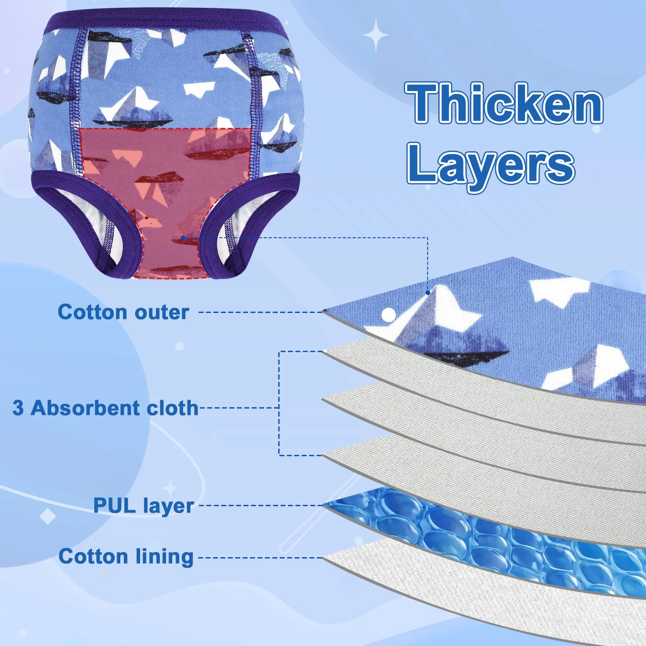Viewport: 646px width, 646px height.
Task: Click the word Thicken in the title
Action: click(x=504, y=103)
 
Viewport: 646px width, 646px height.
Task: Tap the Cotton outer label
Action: click(x=123, y=312)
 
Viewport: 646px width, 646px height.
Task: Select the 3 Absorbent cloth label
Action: click(x=105, y=408)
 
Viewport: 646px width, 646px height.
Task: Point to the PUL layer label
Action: click(x=143, y=506)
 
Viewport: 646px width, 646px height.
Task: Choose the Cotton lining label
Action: click(x=126, y=557)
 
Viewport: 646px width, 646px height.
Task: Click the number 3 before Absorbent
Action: click(x=18, y=408)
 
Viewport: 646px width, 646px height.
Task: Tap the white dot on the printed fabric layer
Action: click(x=389, y=315)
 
